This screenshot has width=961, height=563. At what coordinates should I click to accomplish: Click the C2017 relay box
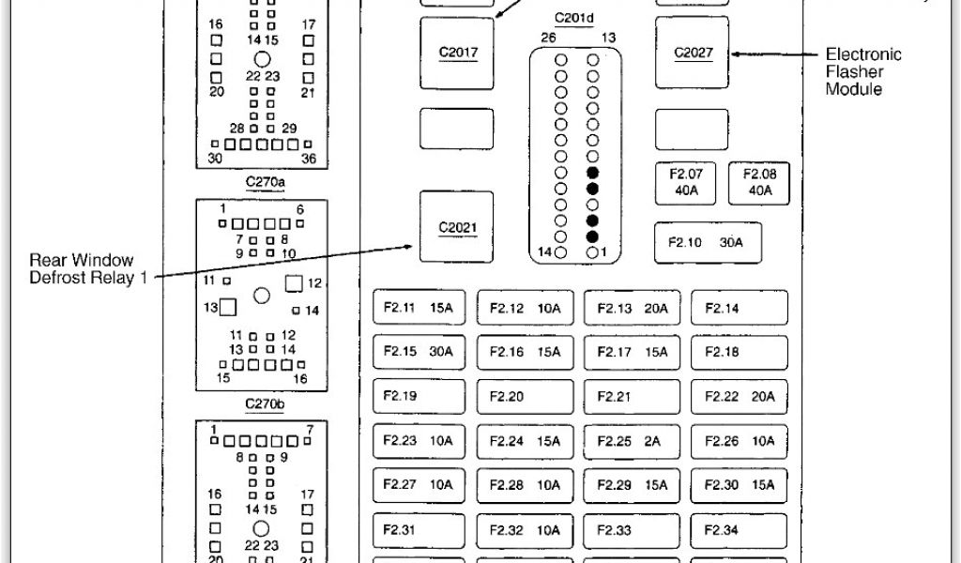pos(457,52)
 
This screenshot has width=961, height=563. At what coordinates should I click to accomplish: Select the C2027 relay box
pos(693,53)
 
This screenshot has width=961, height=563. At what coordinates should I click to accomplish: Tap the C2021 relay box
pos(457,226)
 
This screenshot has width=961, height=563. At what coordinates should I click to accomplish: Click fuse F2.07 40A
pos(692,182)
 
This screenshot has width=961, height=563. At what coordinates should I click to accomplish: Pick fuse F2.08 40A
pos(759,182)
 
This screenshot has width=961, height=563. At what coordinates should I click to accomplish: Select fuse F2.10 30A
pos(707,242)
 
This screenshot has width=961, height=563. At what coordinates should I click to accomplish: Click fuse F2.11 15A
pos(419,308)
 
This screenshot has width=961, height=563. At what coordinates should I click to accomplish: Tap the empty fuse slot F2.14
pos(740,308)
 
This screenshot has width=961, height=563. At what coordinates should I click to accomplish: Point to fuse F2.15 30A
pos(419,352)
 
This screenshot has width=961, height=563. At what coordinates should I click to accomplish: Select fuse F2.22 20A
pos(740,396)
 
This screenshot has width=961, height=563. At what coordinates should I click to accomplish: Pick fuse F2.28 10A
pos(526,484)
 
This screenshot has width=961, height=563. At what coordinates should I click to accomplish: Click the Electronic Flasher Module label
pos(863,72)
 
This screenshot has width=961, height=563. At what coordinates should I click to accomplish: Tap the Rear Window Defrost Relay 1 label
pos(82,268)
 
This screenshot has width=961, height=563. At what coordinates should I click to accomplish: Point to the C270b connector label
pos(265,404)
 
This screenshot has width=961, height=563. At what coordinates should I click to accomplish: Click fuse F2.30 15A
pos(740,484)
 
